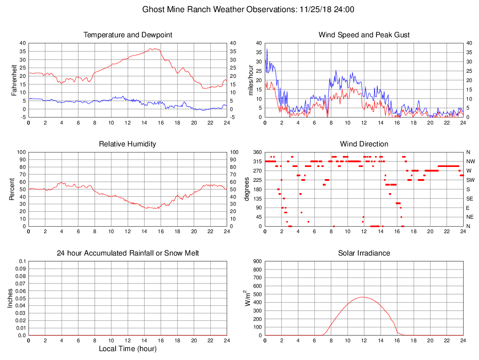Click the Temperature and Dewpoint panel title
click(x=128, y=35)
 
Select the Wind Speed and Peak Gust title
click(x=364, y=35)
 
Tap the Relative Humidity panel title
click(x=128, y=144)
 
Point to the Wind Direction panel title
click(x=364, y=144)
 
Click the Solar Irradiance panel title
click(x=364, y=253)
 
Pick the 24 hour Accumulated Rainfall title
click(x=128, y=253)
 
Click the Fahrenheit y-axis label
click(x=14, y=80)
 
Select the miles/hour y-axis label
click(x=250, y=80)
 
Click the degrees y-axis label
click(x=247, y=189)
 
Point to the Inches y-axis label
click(x=10, y=298)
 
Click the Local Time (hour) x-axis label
click(x=128, y=349)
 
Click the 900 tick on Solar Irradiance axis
click(x=257, y=261)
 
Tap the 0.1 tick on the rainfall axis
click(x=22, y=261)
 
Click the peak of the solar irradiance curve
click(x=363, y=297)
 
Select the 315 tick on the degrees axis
click(x=257, y=161)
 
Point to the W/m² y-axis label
click(x=248, y=298)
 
